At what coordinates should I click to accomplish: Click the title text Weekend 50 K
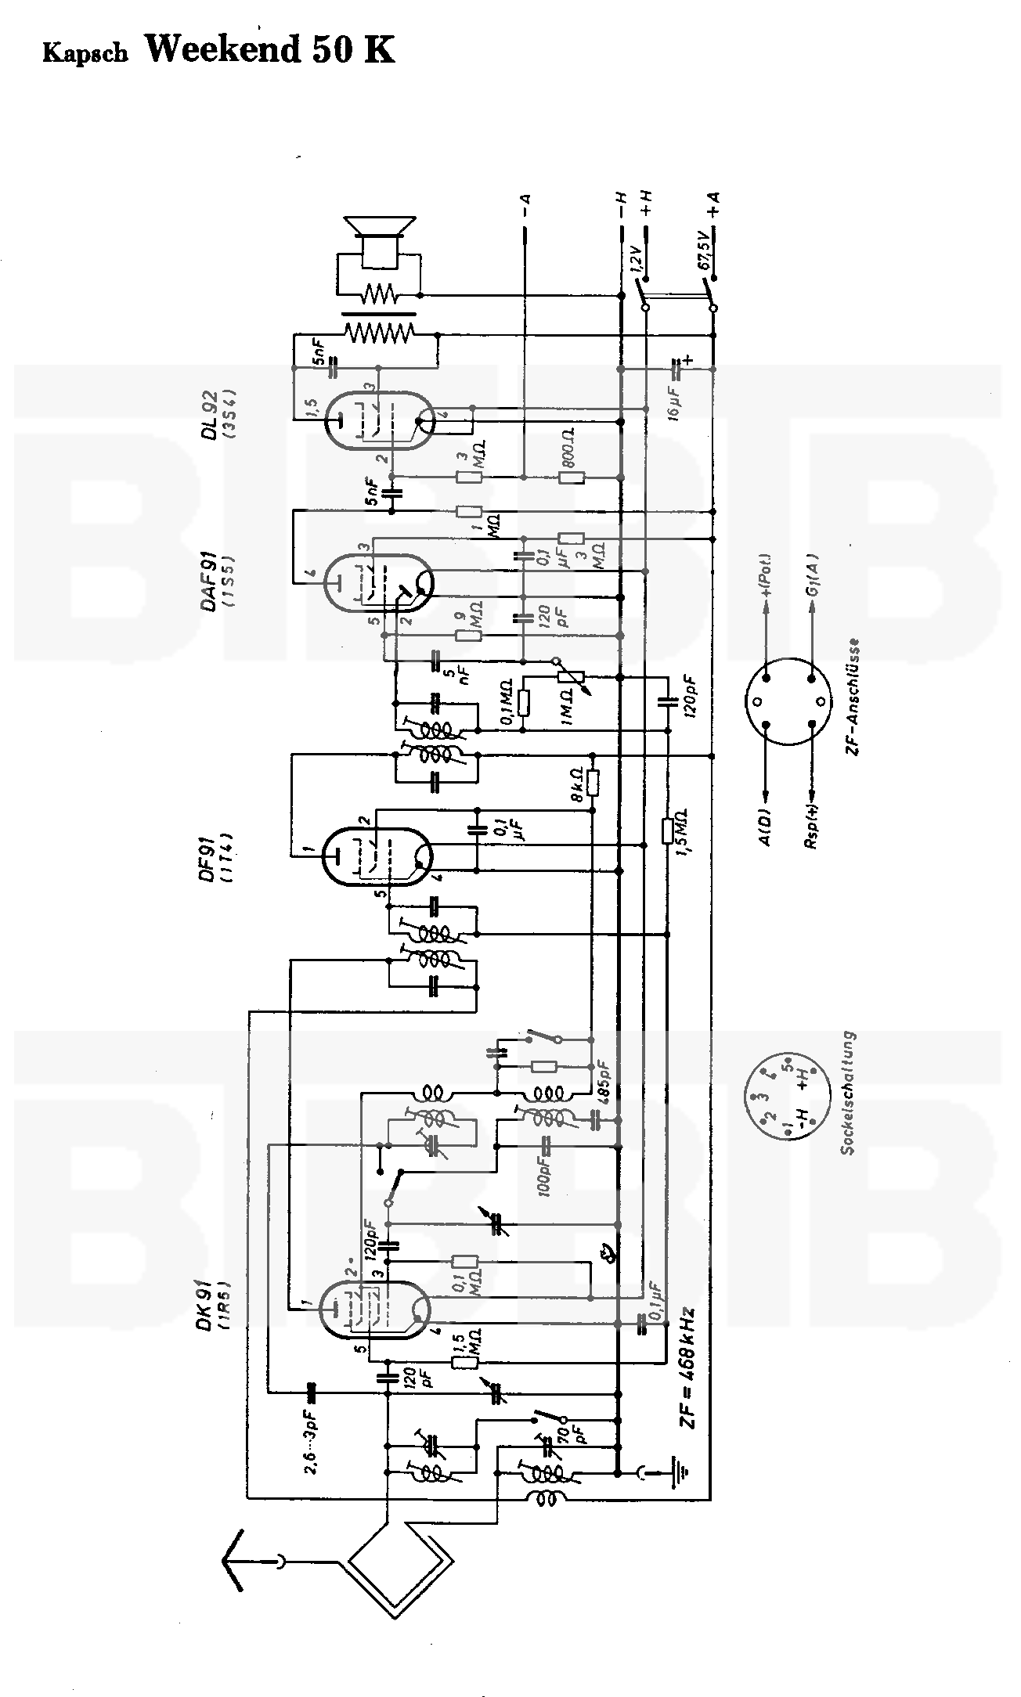(x=270, y=49)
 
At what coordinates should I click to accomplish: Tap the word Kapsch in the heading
(x=85, y=52)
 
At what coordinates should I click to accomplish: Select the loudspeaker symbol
(x=380, y=236)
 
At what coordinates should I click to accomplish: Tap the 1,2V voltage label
(x=637, y=261)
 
